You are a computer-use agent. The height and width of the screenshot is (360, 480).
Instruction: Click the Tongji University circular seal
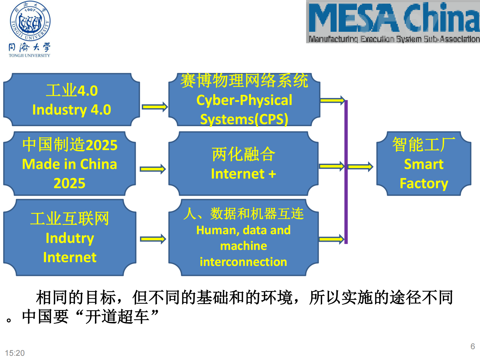tap(30, 21)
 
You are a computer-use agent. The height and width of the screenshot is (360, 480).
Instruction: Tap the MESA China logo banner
tap(393, 22)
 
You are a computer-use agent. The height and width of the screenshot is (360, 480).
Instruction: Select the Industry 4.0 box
tap(72, 100)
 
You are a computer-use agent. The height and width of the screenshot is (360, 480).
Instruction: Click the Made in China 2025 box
tap(70, 164)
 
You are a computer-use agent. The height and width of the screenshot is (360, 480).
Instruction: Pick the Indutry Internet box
tap(70, 237)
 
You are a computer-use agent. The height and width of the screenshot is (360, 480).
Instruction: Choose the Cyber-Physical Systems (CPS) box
tap(244, 100)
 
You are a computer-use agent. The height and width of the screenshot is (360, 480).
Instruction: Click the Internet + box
tap(243, 164)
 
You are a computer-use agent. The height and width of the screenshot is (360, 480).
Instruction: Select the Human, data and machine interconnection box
tap(243, 237)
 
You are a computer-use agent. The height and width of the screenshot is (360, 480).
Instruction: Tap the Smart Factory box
tap(423, 164)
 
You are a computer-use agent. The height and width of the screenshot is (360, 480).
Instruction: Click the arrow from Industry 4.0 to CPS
tap(155, 107)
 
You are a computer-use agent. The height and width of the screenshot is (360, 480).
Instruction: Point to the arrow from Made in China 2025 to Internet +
tap(153, 169)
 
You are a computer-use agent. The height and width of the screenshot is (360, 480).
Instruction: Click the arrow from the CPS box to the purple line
tap(332, 100)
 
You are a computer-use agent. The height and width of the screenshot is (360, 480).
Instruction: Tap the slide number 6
tap(472, 346)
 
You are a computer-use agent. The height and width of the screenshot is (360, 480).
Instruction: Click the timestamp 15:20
tap(15, 353)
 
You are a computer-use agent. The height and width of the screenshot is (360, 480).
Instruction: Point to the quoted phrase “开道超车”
tap(117, 317)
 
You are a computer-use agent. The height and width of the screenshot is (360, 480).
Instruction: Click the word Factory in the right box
tap(423, 183)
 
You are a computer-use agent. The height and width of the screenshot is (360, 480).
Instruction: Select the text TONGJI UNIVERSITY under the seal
tap(29, 56)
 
